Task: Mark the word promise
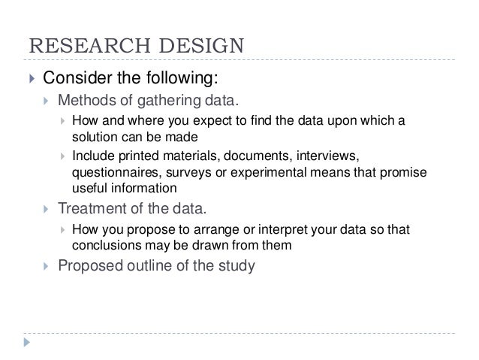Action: click(x=403, y=172)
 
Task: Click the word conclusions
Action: click(x=104, y=244)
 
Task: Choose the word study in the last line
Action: click(x=237, y=265)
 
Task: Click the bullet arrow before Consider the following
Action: click(x=30, y=79)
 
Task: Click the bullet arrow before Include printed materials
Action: click(x=63, y=157)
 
